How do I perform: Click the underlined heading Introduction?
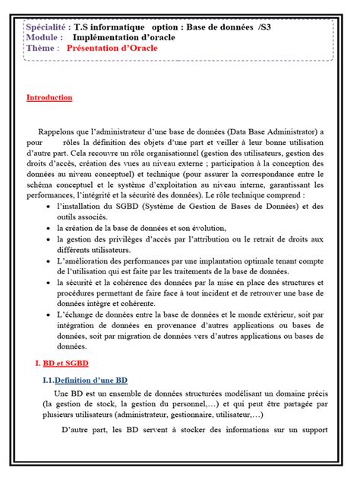pos(49,97)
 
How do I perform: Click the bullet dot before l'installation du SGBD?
pos(49,206)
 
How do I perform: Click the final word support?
pos(313,431)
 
